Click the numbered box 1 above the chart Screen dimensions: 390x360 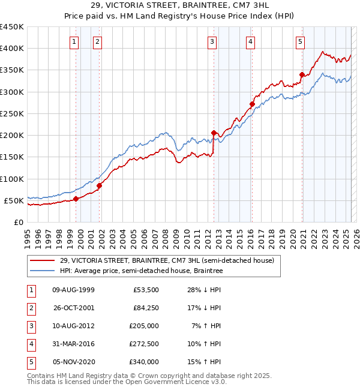pyautogui.click(x=74, y=41)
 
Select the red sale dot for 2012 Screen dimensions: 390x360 pyautogui.click(x=214, y=133)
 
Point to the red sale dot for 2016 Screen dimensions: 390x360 pyautogui.click(x=252, y=104)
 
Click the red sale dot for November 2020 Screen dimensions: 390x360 pyautogui.click(x=302, y=75)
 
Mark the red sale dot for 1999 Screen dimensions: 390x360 pyautogui.click(x=76, y=199)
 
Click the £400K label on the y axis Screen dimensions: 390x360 pyautogui.click(x=12, y=49)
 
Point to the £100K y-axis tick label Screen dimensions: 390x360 pyautogui.click(x=12, y=179)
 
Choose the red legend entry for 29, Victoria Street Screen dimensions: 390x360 pyautogui.click(x=167, y=260)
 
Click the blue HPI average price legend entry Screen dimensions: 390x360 pyautogui.click(x=141, y=271)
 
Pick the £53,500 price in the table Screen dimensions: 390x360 pyautogui.click(x=146, y=290)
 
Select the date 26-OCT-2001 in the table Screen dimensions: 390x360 pyautogui.click(x=73, y=308)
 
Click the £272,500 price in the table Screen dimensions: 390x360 pyautogui.click(x=145, y=344)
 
